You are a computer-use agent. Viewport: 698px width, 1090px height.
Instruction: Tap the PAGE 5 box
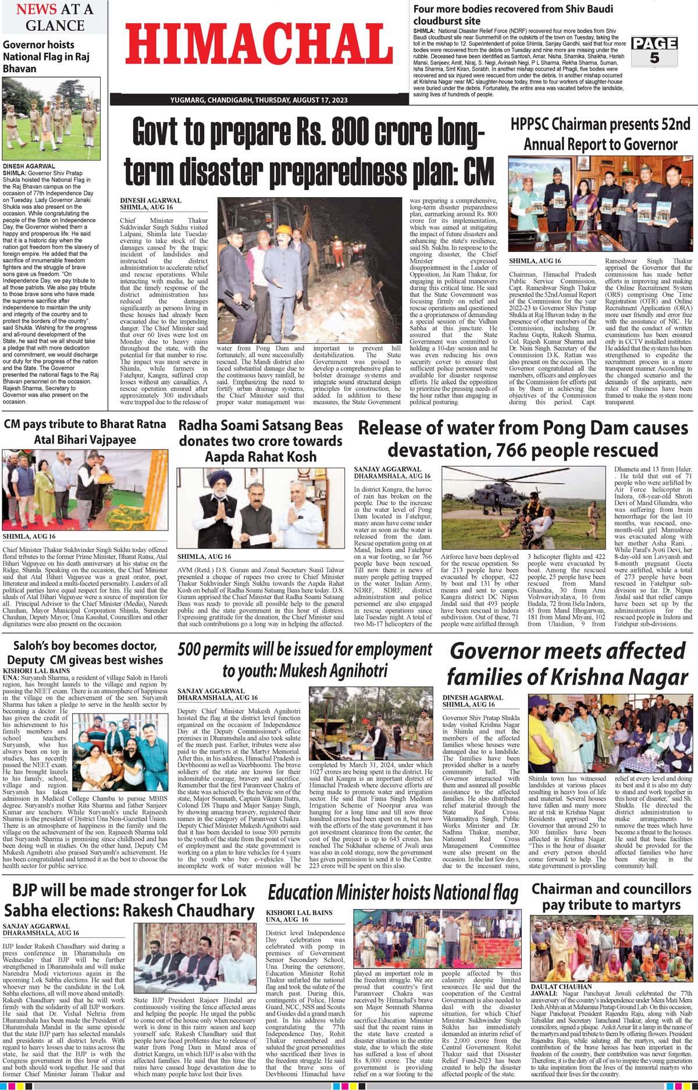click(654, 51)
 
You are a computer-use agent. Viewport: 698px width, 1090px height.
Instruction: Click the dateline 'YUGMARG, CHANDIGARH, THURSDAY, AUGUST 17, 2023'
click(259, 101)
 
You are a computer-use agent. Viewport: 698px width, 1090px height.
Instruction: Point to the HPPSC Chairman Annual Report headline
click(600, 134)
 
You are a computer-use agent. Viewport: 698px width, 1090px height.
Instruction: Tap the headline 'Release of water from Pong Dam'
click(523, 439)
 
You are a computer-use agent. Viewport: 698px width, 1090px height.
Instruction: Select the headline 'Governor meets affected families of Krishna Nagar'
click(567, 664)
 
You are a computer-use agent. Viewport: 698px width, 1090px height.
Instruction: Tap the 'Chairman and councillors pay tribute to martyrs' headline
click(611, 897)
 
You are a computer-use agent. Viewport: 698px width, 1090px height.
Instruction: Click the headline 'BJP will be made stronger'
click(129, 900)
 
